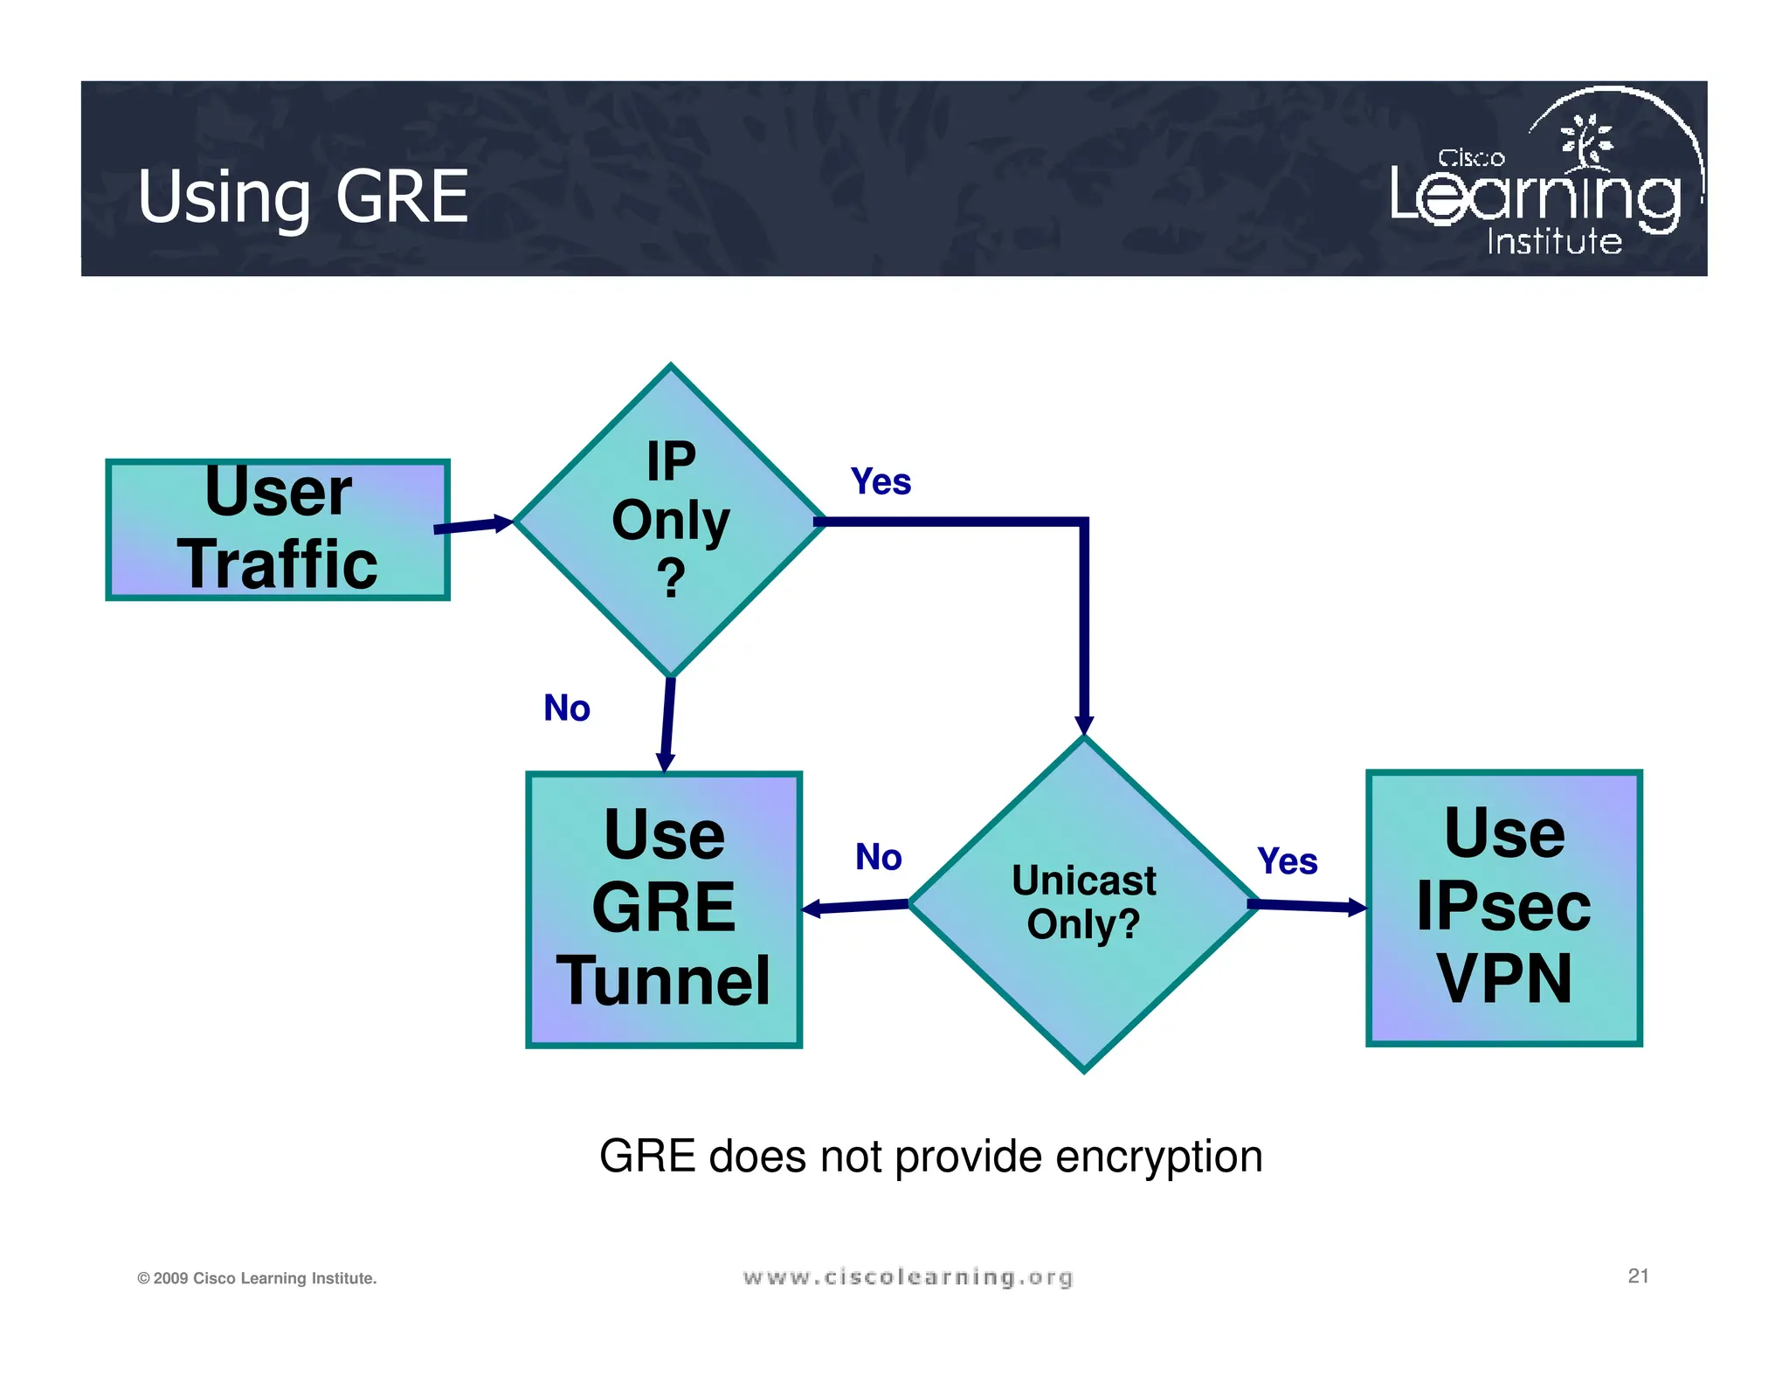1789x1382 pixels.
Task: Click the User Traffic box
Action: [278, 530]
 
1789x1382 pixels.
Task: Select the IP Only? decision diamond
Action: [670, 521]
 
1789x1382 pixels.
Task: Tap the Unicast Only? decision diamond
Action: [1083, 904]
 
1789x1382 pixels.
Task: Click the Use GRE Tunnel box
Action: [664, 909]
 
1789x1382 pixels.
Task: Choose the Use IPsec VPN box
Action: [1503, 907]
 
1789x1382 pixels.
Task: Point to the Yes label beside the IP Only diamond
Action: [881, 482]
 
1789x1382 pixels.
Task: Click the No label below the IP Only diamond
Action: [567, 708]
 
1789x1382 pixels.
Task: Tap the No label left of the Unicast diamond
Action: [878, 857]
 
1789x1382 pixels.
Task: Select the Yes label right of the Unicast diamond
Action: [1287, 861]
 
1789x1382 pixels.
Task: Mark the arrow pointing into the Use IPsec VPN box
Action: [1310, 906]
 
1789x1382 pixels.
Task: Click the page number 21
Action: [1638, 1275]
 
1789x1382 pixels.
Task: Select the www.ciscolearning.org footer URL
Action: [908, 1277]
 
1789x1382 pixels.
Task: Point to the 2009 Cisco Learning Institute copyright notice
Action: [257, 1278]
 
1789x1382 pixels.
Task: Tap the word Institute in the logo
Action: [1554, 241]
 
